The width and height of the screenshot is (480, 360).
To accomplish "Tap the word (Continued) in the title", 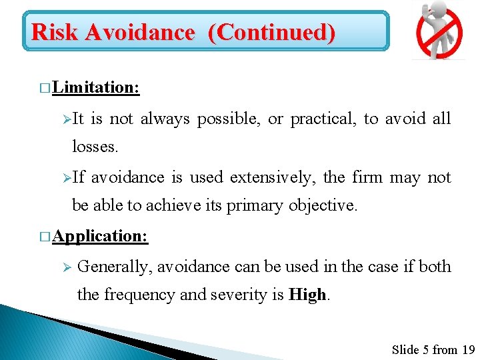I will [271, 31].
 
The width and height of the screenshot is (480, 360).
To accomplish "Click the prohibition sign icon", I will [439, 31].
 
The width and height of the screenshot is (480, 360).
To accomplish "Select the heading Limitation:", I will [95, 87].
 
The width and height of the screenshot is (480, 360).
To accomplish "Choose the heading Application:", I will [101, 236].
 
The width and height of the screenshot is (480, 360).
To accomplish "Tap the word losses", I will [95, 147].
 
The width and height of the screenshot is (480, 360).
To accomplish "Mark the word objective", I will [323, 206].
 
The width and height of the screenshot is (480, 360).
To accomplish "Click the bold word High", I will [307, 295].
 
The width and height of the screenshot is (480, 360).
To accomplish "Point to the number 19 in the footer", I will [467, 349].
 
